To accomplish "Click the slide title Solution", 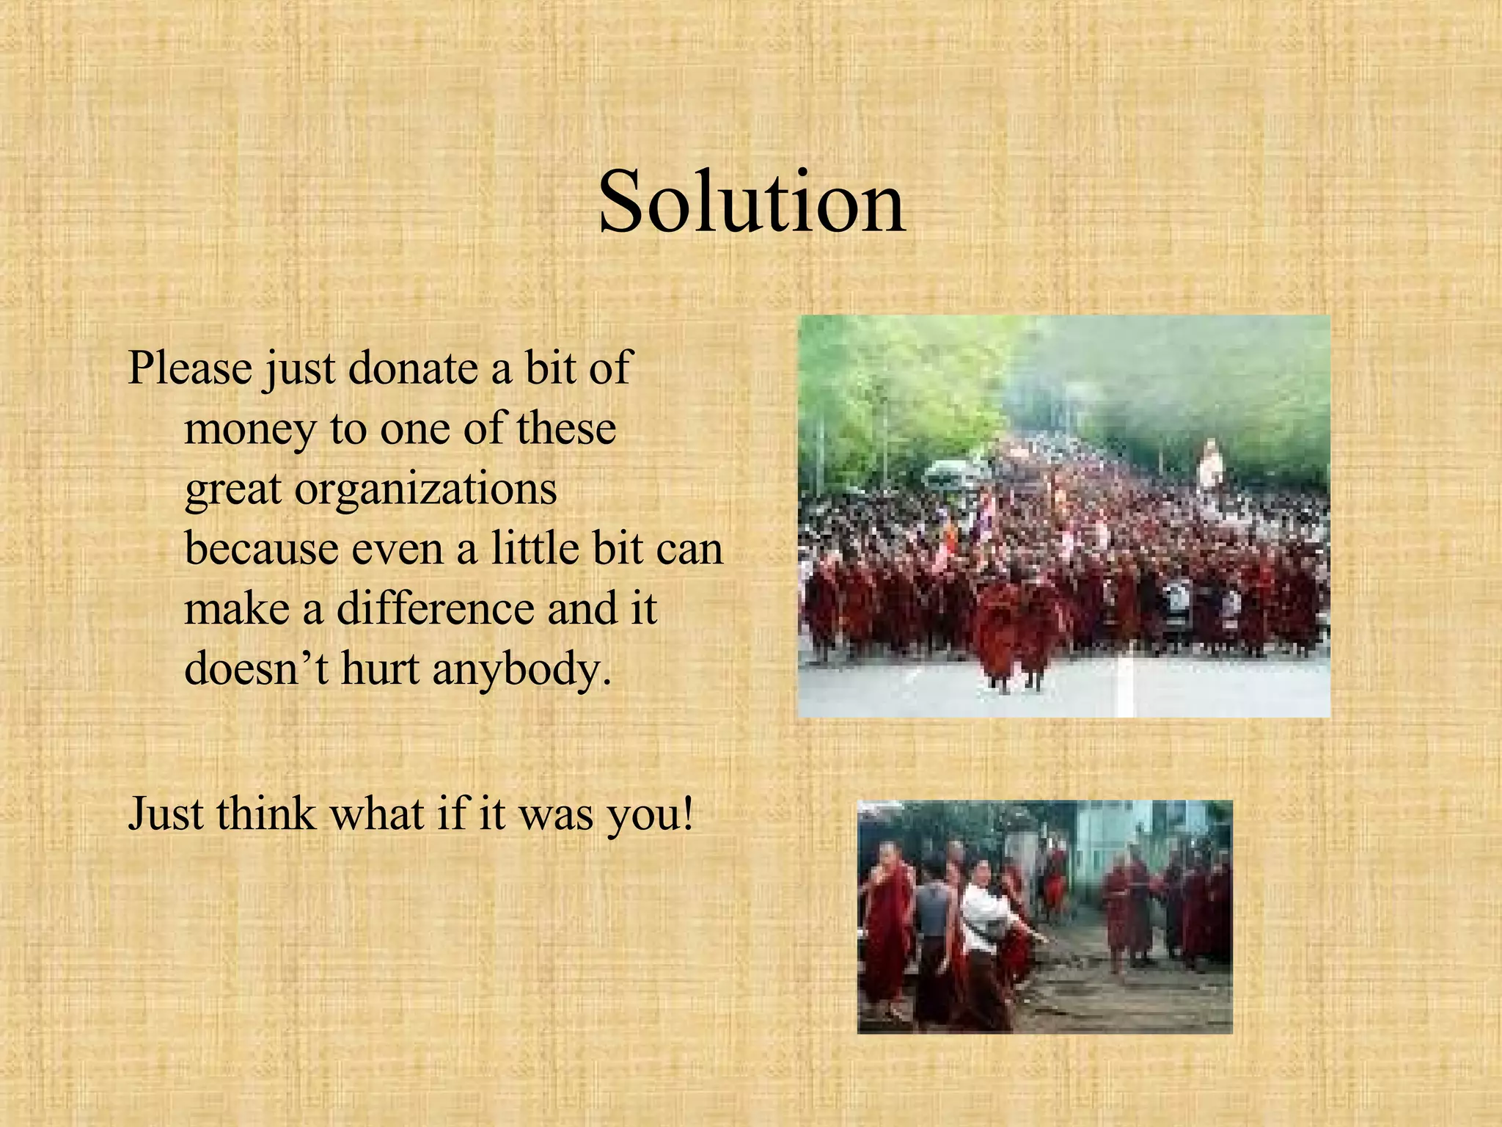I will click(752, 202).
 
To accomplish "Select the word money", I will click(249, 429).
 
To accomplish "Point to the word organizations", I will click(425, 490).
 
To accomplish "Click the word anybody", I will click(521, 670).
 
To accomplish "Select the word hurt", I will click(380, 668).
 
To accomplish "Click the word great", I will click(232, 490).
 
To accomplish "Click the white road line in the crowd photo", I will click(1126, 686).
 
